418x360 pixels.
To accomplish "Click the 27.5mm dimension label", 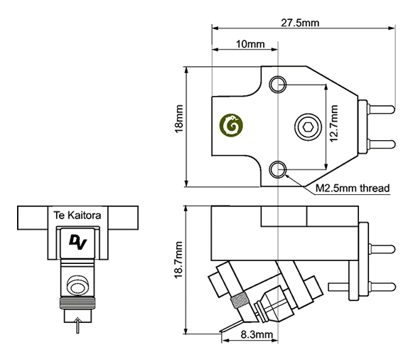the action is [300, 23].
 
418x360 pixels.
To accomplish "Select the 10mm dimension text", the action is [250, 44].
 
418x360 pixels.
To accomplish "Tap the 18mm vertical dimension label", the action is [178, 119].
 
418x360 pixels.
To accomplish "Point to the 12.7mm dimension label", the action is [334, 124].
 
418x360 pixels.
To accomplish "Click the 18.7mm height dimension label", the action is [178, 260].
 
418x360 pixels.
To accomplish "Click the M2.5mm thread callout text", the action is [353, 188].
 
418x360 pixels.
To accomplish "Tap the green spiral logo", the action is [232, 125].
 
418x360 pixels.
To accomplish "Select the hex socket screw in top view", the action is [308, 127].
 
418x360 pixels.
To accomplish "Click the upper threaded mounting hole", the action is [277, 84].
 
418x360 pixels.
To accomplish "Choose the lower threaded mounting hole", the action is [277, 169].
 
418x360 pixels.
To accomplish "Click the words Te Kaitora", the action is [77, 215].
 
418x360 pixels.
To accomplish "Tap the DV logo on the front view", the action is [77, 243].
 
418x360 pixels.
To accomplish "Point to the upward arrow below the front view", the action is [77, 325].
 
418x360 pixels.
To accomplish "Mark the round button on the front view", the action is [77, 285].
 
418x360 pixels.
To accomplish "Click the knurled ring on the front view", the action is [77, 302].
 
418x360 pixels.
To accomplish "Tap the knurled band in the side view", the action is [240, 300].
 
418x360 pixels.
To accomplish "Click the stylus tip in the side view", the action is [221, 332].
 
